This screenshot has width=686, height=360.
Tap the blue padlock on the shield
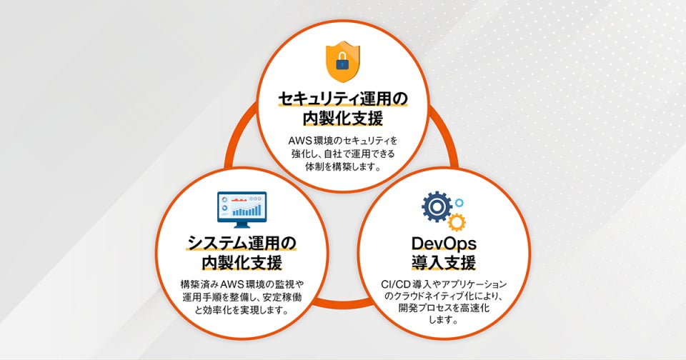tap(342, 66)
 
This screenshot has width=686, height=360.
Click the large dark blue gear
tap(436, 207)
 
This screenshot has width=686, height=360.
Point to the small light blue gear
tap(458, 203)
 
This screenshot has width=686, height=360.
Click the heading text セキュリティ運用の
tap(342, 98)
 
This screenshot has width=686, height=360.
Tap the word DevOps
tap(443, 243)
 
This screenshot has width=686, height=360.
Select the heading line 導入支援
tap(443, 263)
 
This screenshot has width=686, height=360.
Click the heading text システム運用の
tap(242, 243)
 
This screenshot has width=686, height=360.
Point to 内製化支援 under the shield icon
tap(342, 118)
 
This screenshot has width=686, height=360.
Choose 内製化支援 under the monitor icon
tap(242, 262)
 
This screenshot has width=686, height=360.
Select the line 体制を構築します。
tap(342, 167)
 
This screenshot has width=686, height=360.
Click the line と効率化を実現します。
tap(242, 311)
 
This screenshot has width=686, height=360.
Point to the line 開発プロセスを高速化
tap(443, 308)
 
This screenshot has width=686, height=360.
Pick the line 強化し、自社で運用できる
tap(342, 154)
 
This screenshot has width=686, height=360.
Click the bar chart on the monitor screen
tap(247, 211)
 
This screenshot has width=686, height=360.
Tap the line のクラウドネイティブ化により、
tap(443, 296)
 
